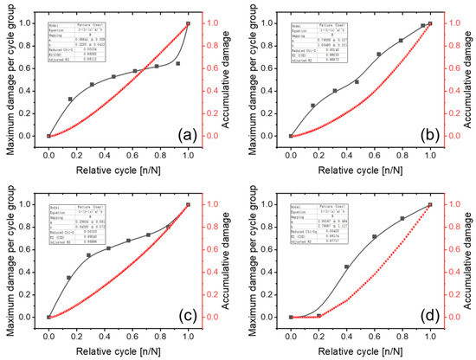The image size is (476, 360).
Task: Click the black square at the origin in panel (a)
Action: click(x=49, y=136)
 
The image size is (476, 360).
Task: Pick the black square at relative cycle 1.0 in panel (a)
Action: click(x=188, y=24)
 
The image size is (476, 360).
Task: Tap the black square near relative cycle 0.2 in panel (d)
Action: click(x=319, y=315)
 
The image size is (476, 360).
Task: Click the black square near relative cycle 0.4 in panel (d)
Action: click(x=347, y=267)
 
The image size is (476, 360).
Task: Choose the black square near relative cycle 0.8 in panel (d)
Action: click(x=402, y=218)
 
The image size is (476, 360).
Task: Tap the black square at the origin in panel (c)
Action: click(x=49, y=317)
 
